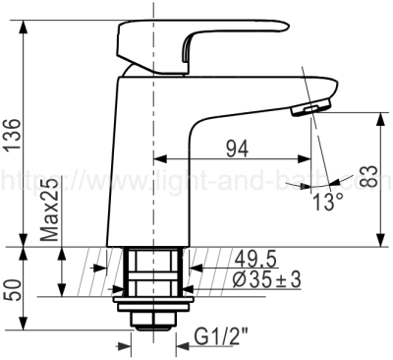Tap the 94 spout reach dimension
[238, 150]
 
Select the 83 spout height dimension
[370, 176]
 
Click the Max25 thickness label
[50, 210]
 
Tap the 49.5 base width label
[255, 260]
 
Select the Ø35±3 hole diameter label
[267, 280]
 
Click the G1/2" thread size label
[221, 336]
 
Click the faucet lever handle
[199, 46]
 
